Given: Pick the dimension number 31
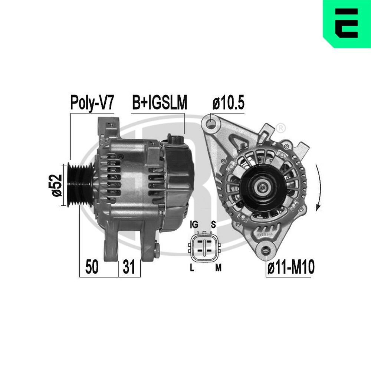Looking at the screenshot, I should pos(129,267).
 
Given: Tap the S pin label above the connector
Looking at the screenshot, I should pos(213,225).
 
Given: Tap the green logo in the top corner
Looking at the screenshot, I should pos(347,24).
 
